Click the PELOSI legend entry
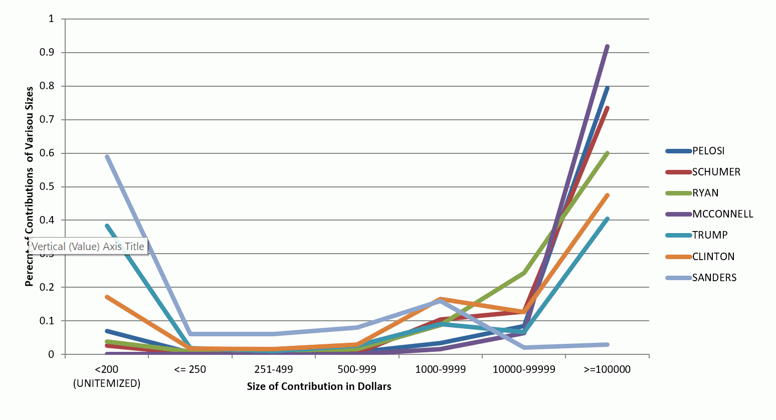click(708, 151)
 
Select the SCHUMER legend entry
click(716, 172)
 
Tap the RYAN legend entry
click(705, 193)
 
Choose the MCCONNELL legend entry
click(722, 214)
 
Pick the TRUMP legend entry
click(709, 235)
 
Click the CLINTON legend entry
click(713, 257)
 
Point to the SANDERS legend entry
click(714, 278)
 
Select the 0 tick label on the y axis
click(51, 355)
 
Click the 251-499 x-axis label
click(273, 370)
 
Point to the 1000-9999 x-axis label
click(440, 370)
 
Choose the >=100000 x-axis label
click(607, 370)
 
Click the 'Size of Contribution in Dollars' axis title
click(319, 386)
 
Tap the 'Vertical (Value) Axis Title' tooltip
click(88, 246)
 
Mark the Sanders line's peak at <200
click(107, 156)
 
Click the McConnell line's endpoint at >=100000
click(608, 46)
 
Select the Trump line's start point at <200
click(107, 226)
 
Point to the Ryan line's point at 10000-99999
click(524, 273)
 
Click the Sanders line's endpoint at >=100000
click(608, 344)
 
